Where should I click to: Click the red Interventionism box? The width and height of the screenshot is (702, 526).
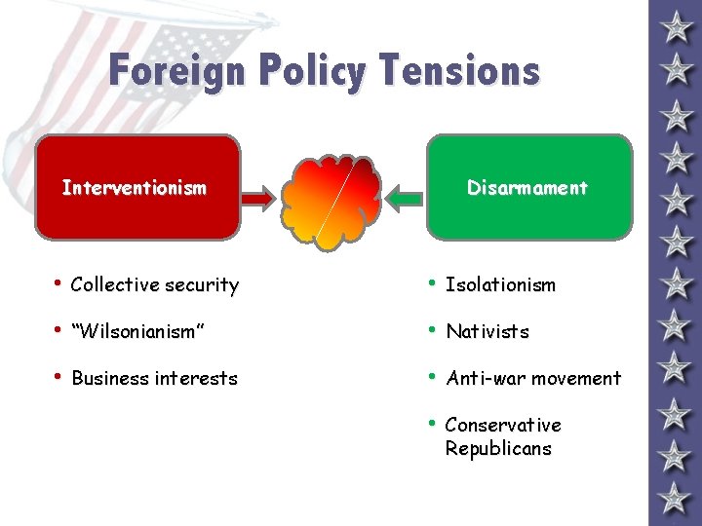pyautogui.click(x=136, y=187)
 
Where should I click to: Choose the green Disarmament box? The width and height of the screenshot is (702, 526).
pyautogui.click(x=528, y=187)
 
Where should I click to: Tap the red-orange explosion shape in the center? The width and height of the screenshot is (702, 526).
pyautogui.click(x=332, y=199)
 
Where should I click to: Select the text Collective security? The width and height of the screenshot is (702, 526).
pyautogui.click(x=155, y=284)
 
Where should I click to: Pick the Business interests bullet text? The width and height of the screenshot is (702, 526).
pyautogui.click(x=154, y=378)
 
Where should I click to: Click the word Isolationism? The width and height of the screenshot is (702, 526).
pyautogui.click(x=500, y=284)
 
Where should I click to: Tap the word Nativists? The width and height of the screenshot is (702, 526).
pyautogui.click(x=487, y=331)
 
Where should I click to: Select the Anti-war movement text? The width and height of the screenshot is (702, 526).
pyautogui.click(x=532, y=378)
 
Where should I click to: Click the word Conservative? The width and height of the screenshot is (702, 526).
pyautogui.click(x=503, y=425)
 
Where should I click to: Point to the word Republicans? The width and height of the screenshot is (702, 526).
pyautogui.click(x=498, y=448)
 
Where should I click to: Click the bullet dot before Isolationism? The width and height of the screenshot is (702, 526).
pyautogui.click(x=432, y=283)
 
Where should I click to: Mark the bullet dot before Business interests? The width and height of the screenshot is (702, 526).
pyautogui.click(x=58, y=377)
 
